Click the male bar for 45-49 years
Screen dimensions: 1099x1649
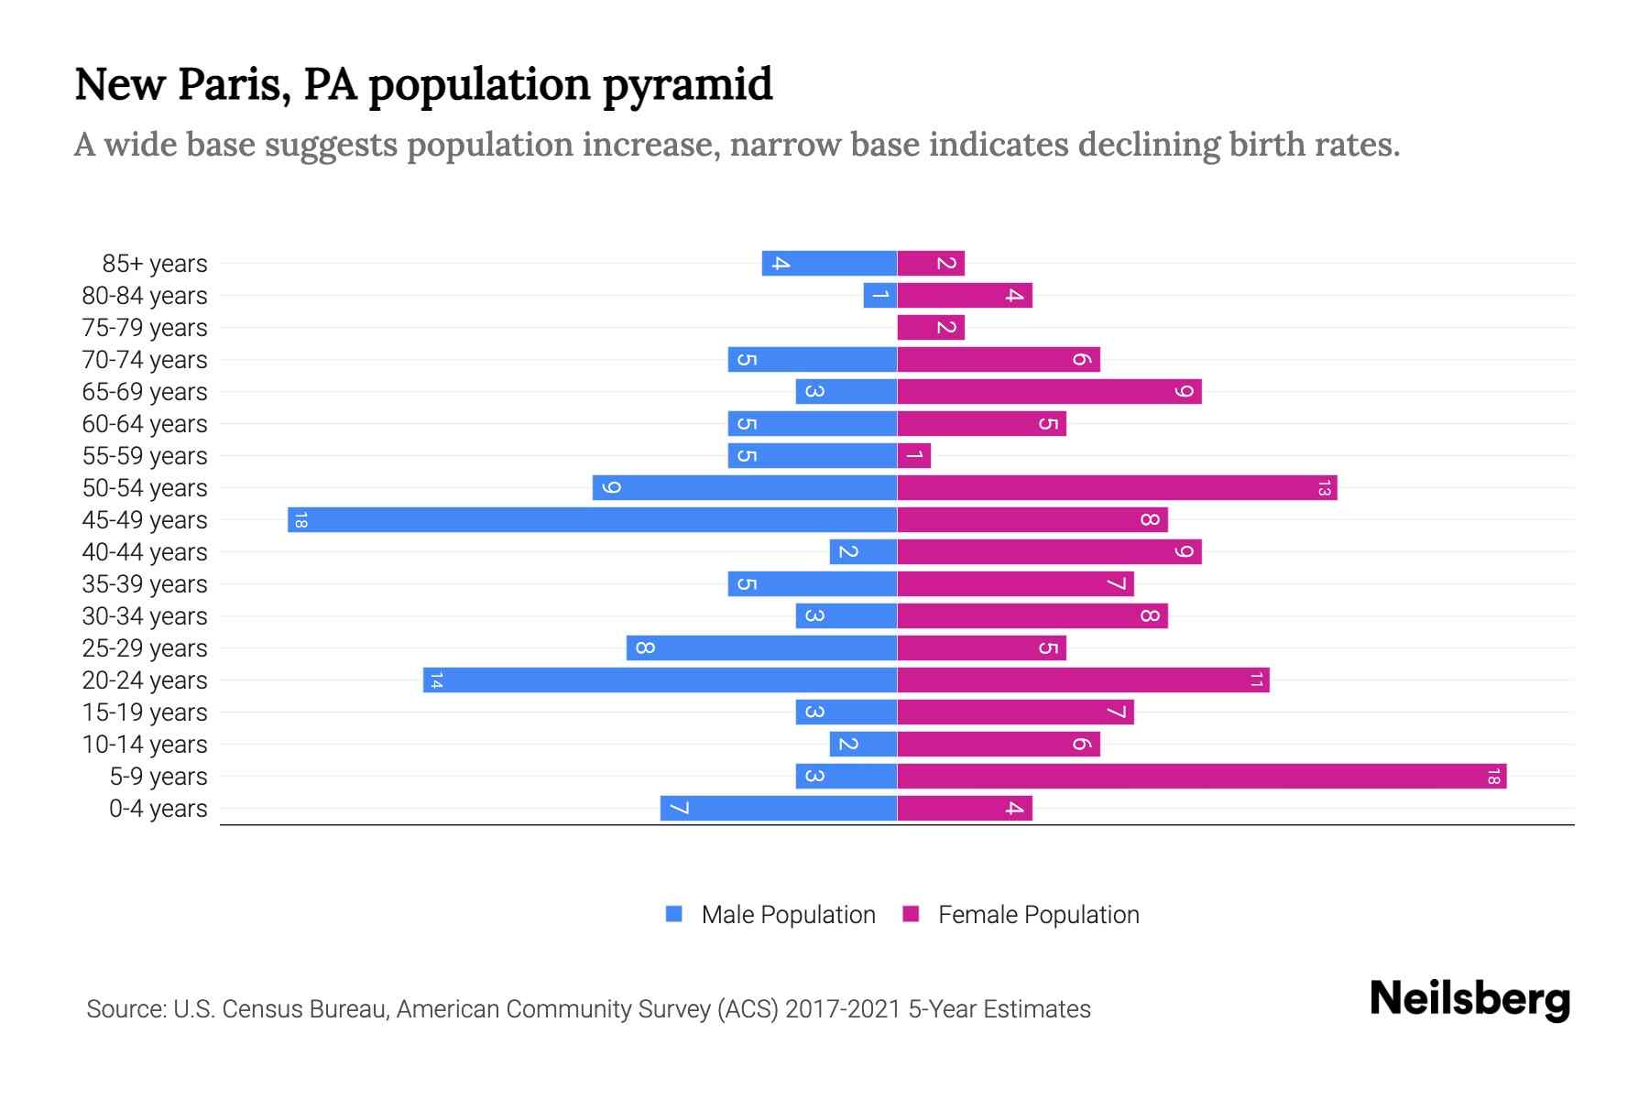(x=592, y=520)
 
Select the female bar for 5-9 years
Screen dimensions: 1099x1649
(x=1201, y=777)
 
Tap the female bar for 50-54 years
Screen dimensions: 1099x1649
(x=1117, y=488)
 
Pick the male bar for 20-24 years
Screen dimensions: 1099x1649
(x=660, y=680)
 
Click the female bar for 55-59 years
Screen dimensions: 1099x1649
(x=913, y=456)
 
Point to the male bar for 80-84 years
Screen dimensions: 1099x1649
(x=879, y=296)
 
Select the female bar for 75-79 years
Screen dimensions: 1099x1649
(x=931, y=328)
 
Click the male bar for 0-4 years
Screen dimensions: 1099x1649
(x=778, y=809)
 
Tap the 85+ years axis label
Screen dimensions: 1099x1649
(x=154, y=264)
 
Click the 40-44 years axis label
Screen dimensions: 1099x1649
(x=145, y=552)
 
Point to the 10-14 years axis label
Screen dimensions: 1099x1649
(x=145, y=745)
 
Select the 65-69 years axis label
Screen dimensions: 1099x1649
(x=145, y=392)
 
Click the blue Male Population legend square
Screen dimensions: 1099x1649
(x=674, y=914)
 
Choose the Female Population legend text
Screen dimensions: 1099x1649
(x=1038, y=915)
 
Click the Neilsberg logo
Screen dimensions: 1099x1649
(x=1469, y=999)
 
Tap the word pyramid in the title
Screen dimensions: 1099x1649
(x=687, y=85)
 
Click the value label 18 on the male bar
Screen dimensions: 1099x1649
(x=300, y=520)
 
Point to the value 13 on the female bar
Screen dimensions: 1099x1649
(x=1323, y=488)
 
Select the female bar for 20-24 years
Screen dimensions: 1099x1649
(x=1083, y=680)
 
